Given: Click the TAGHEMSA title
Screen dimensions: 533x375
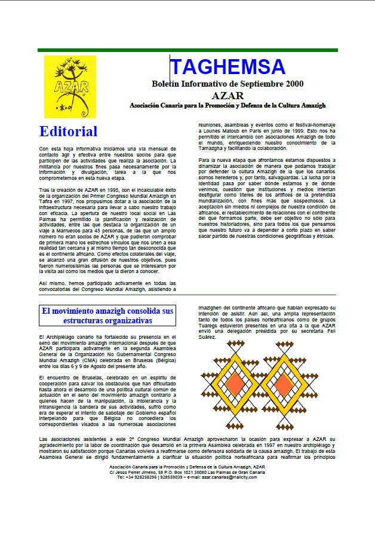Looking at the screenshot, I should point(228,66).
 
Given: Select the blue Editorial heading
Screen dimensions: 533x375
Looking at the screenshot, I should point(69,131).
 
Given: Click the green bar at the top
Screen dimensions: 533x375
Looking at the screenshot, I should point(187,50).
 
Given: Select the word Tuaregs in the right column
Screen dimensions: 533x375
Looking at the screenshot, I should point(210,327).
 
